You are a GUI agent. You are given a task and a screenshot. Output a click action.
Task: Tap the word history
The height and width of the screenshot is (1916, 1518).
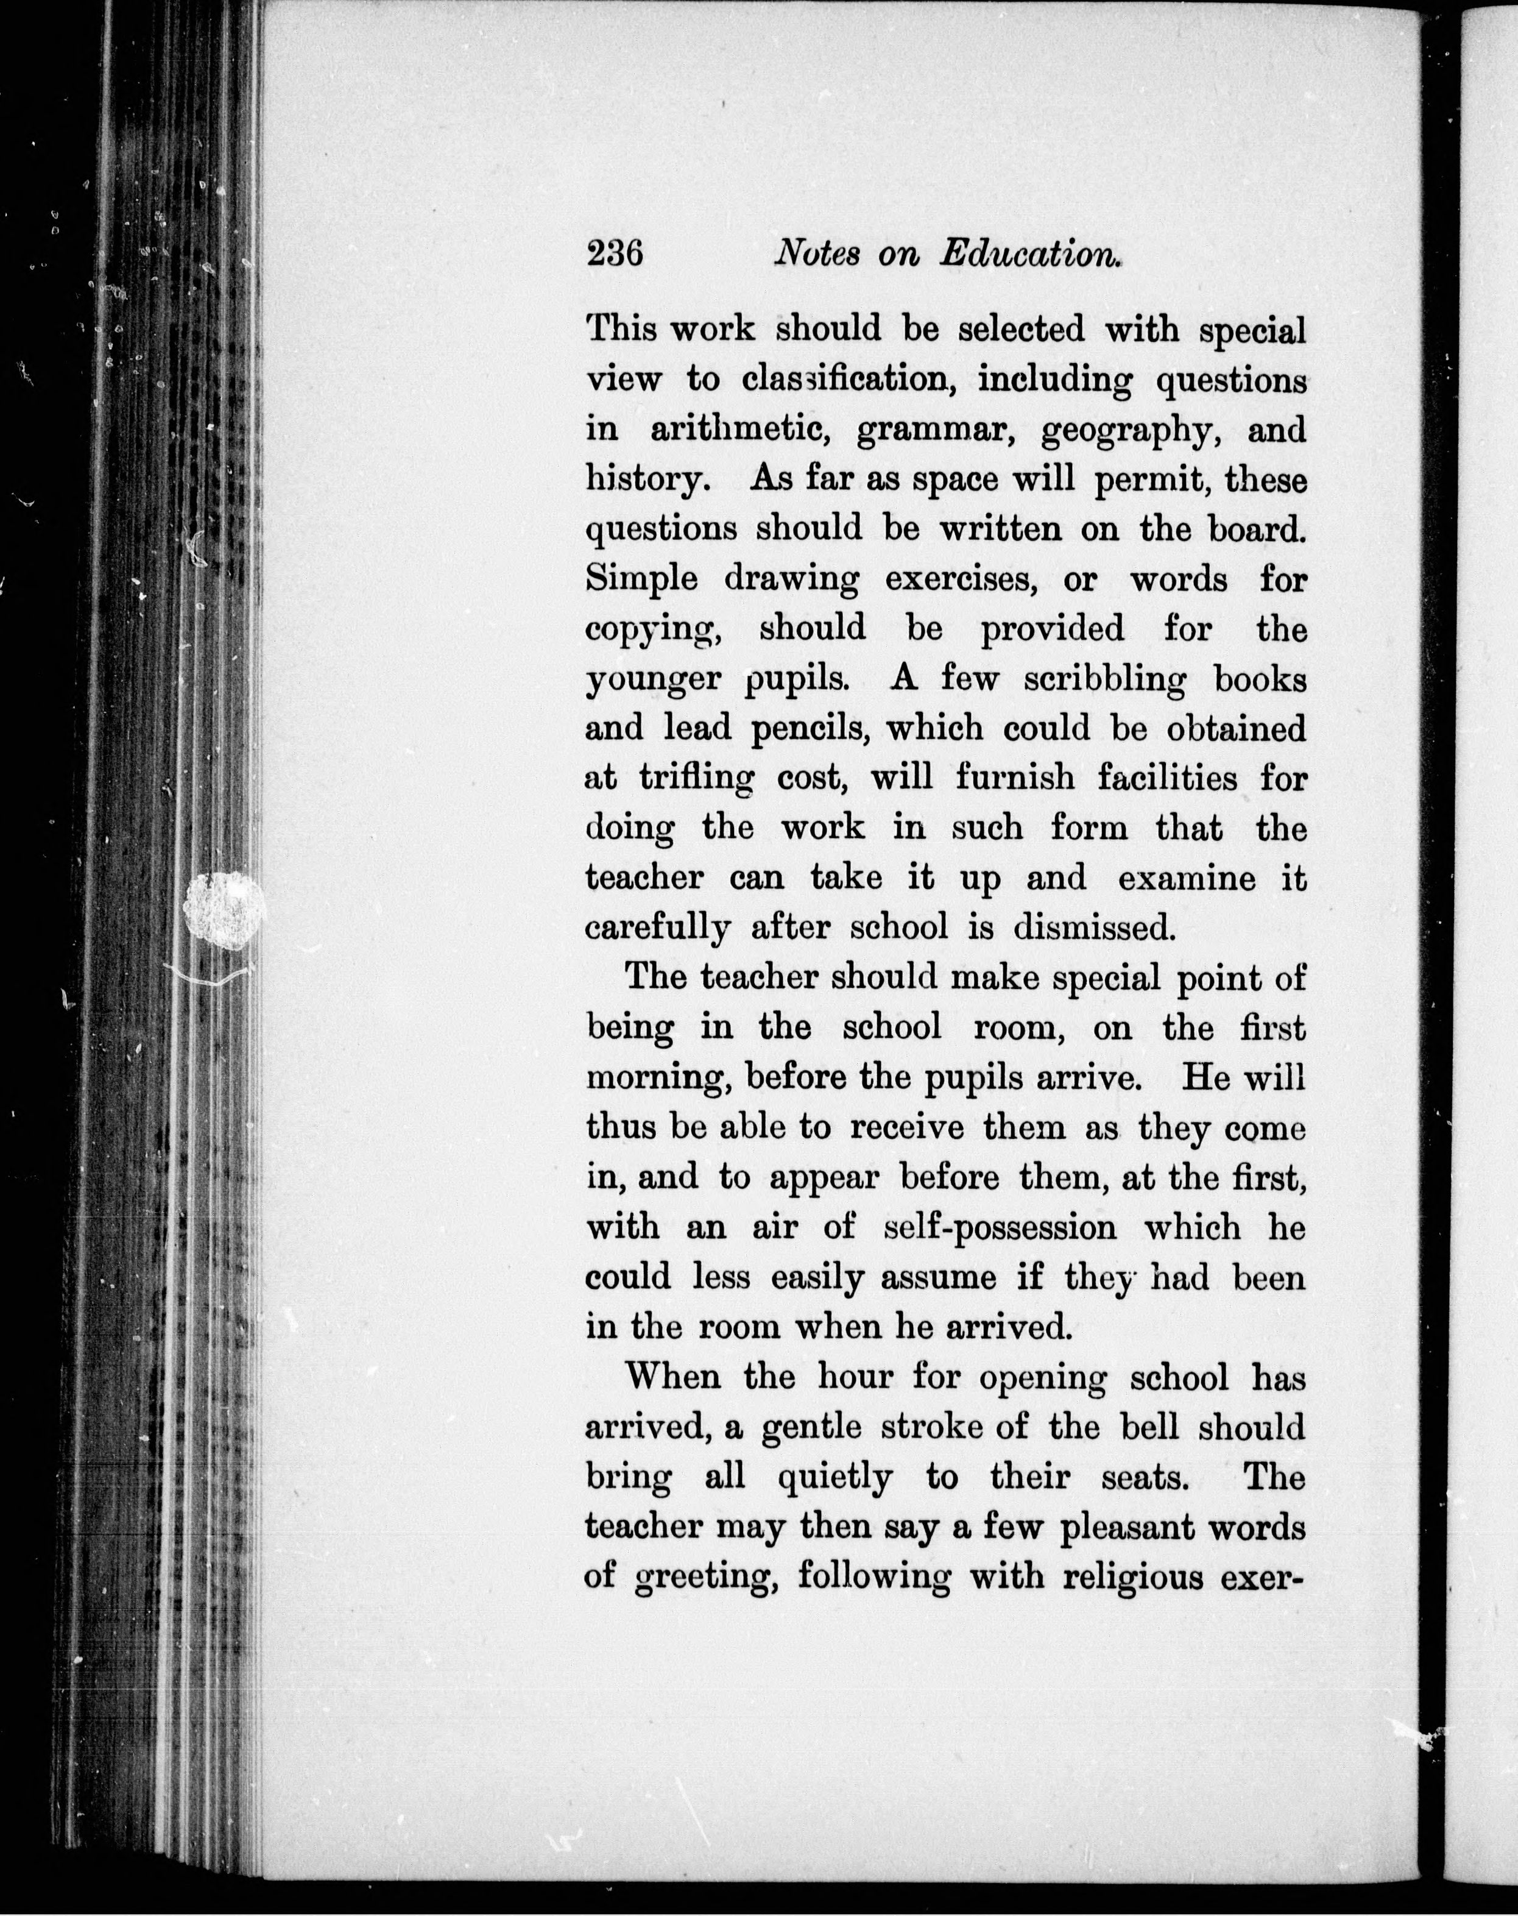(648, 481)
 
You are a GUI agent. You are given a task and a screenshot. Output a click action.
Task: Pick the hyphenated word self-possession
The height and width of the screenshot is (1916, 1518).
(1001, 1228)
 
